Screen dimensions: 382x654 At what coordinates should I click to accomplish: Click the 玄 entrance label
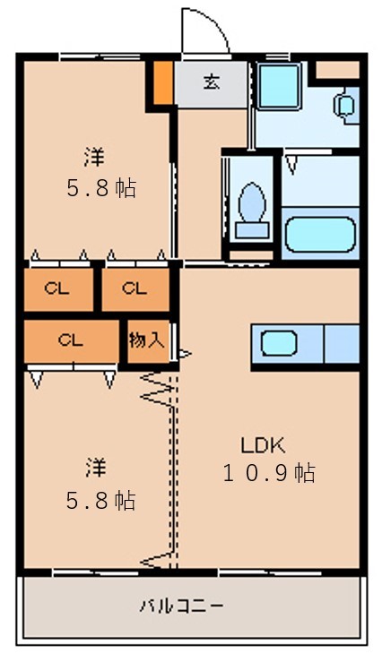click(212, 82)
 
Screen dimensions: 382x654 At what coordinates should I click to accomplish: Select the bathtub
click(320, 235)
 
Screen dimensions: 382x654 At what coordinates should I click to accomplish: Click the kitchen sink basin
click(279, 343)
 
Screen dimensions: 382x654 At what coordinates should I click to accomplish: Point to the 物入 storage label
click(146, 340)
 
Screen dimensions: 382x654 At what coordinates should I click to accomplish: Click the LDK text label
click(263, 445)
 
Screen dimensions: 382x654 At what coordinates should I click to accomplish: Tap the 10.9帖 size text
click(269, 473)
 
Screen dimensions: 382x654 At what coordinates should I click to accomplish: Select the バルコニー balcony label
click(182, 606)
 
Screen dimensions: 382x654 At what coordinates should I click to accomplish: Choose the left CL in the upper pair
click(58, 289)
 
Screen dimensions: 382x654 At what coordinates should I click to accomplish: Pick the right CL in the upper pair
click(135, 289)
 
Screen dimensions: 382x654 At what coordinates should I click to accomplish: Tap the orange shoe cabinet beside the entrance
click(163, 82)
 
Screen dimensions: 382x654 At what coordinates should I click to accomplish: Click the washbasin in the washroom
click(344, 105)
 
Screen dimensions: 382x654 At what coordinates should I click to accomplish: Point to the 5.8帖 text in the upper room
click(101, 188)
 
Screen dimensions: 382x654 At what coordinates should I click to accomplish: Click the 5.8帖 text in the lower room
click(101, 500)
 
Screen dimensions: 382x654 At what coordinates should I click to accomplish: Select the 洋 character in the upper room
click(95, 158)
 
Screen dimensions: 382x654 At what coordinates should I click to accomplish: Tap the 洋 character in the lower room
click(96, 468)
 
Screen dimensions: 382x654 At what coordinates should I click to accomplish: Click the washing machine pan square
click(279, 86)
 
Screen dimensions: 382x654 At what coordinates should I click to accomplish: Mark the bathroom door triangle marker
click(291, 165)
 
